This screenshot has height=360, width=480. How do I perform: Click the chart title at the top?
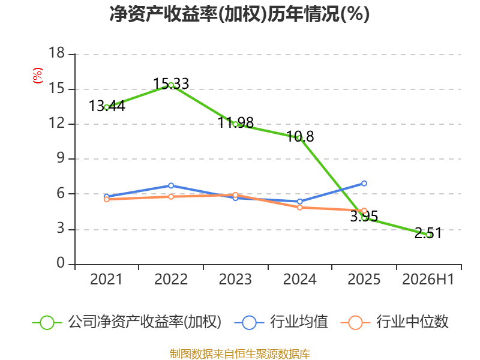(x=239, y=14)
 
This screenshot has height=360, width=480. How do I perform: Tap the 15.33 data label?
(x=171, y=83)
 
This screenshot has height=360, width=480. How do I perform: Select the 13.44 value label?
(x=107, y=106)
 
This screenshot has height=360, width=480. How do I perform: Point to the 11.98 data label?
(x=236, y=122)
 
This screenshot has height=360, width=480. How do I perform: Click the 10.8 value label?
(x=301, y=136)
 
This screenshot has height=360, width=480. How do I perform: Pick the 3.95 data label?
(x=364, y=217)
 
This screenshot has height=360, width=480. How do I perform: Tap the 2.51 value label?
(x=428, y=233)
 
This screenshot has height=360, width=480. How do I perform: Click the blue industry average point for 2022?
(x=171, y=186)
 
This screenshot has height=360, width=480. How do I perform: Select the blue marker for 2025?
(x=364, y=184)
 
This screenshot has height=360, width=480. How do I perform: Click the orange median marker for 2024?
(x=299, y=208)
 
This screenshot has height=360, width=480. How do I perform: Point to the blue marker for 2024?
(x=299, y=202)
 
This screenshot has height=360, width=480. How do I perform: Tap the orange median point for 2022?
(x=171, y=197)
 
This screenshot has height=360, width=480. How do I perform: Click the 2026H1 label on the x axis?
(x=428, y=279)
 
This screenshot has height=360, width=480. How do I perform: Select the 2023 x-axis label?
(x=235, y=279)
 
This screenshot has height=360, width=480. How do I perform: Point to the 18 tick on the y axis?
(x=57, y=53)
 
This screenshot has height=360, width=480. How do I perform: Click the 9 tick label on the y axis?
(x=61, y=158)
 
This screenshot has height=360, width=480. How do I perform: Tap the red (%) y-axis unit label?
(x=38, y=76)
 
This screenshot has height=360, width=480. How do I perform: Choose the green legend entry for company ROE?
(x=127, y=322)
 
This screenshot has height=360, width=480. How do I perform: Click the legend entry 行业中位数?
(x=394, y=322)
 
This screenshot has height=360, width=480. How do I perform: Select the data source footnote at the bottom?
(x=239, y=354)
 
